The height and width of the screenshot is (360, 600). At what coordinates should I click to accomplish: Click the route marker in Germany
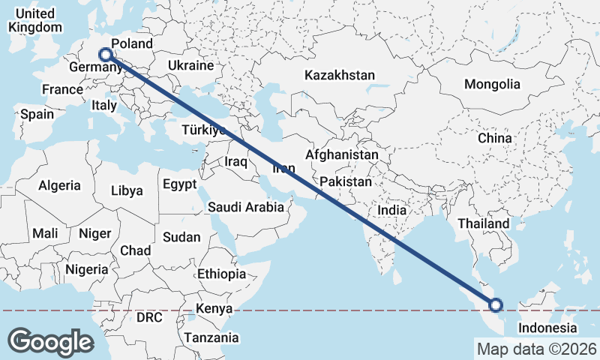[106, 54]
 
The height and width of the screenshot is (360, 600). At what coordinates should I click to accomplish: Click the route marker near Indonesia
[495, 304]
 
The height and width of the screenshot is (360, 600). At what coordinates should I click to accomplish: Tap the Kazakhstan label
[339, 75]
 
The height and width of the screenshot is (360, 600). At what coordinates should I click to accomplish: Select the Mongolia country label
[492, 84]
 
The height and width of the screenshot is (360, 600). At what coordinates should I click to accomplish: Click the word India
[391, 211]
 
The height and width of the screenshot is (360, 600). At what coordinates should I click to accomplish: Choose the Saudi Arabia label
[246, 207]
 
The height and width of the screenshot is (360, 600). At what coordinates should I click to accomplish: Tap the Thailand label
[484, 223]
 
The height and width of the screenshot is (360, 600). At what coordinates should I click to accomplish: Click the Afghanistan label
[341, 154]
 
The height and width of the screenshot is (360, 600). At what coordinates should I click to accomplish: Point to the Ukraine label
[191, 66]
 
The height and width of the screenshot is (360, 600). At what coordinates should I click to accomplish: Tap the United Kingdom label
[34, 20]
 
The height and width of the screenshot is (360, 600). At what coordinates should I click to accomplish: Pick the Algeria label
[59, 185]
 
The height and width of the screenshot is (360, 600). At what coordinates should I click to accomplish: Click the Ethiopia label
[221, 274]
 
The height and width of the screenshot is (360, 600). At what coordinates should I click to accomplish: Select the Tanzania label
[212, 337]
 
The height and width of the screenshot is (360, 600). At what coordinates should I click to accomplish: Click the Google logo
[50, 341]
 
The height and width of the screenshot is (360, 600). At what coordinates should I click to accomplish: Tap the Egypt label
[179, 184]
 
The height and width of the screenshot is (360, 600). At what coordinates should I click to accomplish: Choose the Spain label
[37, 114]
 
